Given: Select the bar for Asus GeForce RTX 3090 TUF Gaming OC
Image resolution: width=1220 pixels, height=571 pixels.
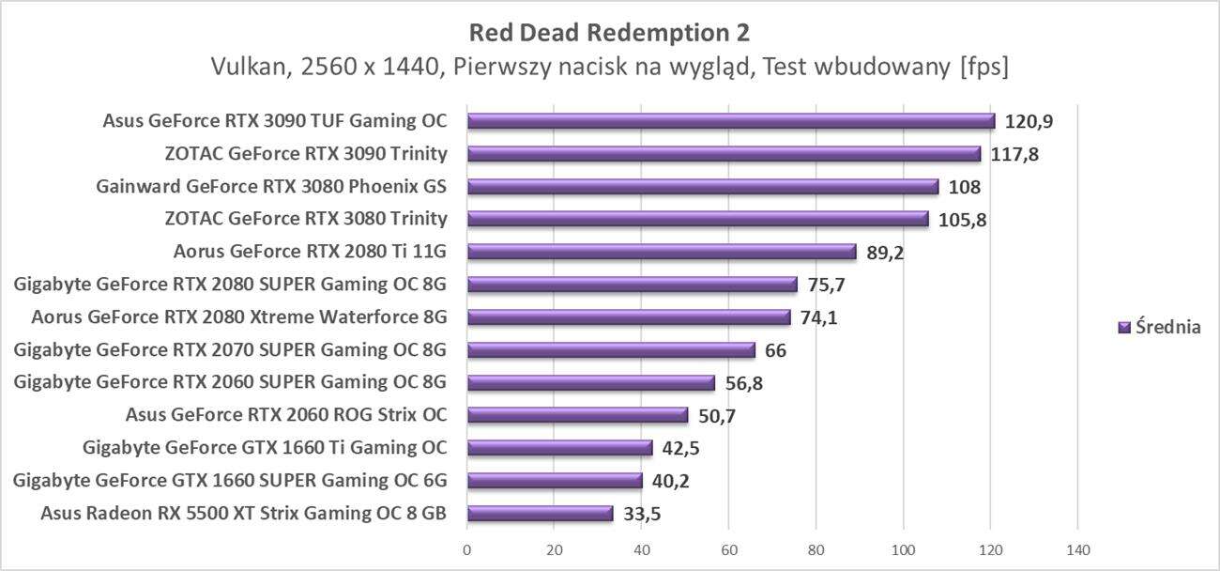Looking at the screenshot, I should pos(730,121).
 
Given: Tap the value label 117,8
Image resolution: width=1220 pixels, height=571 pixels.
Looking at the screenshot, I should pos(1014,154).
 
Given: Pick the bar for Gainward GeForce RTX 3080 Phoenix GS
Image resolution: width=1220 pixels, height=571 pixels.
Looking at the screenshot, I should pos(702,187).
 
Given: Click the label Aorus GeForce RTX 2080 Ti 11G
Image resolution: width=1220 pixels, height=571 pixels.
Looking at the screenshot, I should pos(310,252).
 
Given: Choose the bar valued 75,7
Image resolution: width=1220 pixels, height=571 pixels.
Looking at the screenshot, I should pos(632,285).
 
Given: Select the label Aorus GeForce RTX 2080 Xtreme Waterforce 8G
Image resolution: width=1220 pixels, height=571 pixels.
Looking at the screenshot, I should pos(238,317).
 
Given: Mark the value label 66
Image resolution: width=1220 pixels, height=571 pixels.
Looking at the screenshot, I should pos(775,350).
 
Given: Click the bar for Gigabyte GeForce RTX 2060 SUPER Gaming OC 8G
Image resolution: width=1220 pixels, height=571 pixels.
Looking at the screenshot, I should pos(590,383).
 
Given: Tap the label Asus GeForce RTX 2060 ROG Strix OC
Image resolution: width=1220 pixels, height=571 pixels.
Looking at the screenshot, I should pos(286,415).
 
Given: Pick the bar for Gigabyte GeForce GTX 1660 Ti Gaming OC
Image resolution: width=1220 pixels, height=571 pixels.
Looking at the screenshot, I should pos(559,448).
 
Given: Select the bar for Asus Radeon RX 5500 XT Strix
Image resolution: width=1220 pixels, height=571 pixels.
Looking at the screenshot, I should pos(540,514).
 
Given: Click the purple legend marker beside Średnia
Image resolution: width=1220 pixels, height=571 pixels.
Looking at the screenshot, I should pos(1123,328).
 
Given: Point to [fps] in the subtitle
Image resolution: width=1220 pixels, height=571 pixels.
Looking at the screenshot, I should pos(983,68).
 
